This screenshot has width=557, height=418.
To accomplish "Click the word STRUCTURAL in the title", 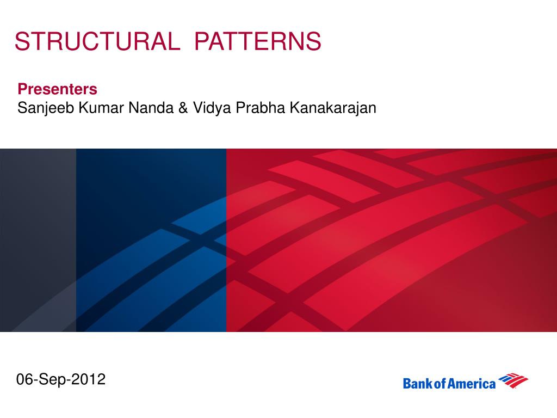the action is tap(97, 41).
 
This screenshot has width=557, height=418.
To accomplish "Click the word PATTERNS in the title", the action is tap(257, 41).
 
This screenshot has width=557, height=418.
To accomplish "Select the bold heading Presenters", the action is tap(57, 89).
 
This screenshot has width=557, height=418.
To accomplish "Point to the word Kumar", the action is tap(101, 108).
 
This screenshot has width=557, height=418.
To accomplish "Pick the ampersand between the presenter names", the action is tap(183, 108).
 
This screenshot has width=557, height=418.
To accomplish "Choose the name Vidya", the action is tap(212, 108).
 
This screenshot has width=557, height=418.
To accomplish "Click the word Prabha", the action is tap(261, 108).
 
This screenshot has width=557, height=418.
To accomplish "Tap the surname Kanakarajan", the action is tap(333, 108).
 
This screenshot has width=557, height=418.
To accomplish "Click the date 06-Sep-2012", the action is tap(61, 379).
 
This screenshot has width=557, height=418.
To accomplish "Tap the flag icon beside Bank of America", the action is tap(513, 380).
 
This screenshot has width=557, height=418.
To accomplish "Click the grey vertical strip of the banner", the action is tap(38, 240).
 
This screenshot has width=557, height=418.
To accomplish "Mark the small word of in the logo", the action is tap(440, 384).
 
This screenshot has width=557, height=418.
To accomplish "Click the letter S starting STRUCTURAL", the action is tap(22, 41).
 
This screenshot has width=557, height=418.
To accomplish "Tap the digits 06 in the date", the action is tap(25, 379).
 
